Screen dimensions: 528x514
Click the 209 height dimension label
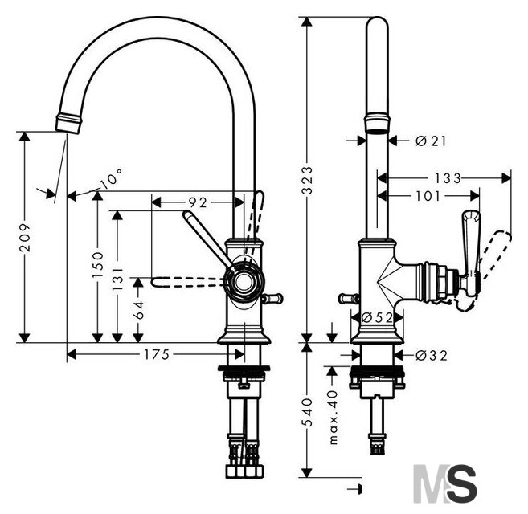25,237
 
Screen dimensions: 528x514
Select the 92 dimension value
198,202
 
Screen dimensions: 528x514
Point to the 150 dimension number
98,264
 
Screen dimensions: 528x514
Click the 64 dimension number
138,310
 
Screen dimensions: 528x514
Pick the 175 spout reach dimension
157,354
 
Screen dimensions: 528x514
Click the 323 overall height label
307,181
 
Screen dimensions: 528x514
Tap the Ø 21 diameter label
431,141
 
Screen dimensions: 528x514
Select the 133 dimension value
447,178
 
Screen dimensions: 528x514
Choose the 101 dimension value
428,196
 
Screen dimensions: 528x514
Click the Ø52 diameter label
377,317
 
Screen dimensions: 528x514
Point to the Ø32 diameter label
432,355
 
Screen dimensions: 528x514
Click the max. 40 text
333,418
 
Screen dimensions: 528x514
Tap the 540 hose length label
307,413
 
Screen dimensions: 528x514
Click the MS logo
445,483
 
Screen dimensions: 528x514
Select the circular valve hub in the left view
244,282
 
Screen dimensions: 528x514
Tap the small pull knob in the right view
349,298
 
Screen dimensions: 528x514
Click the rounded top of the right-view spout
377,23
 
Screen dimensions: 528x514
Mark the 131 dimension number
118,279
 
